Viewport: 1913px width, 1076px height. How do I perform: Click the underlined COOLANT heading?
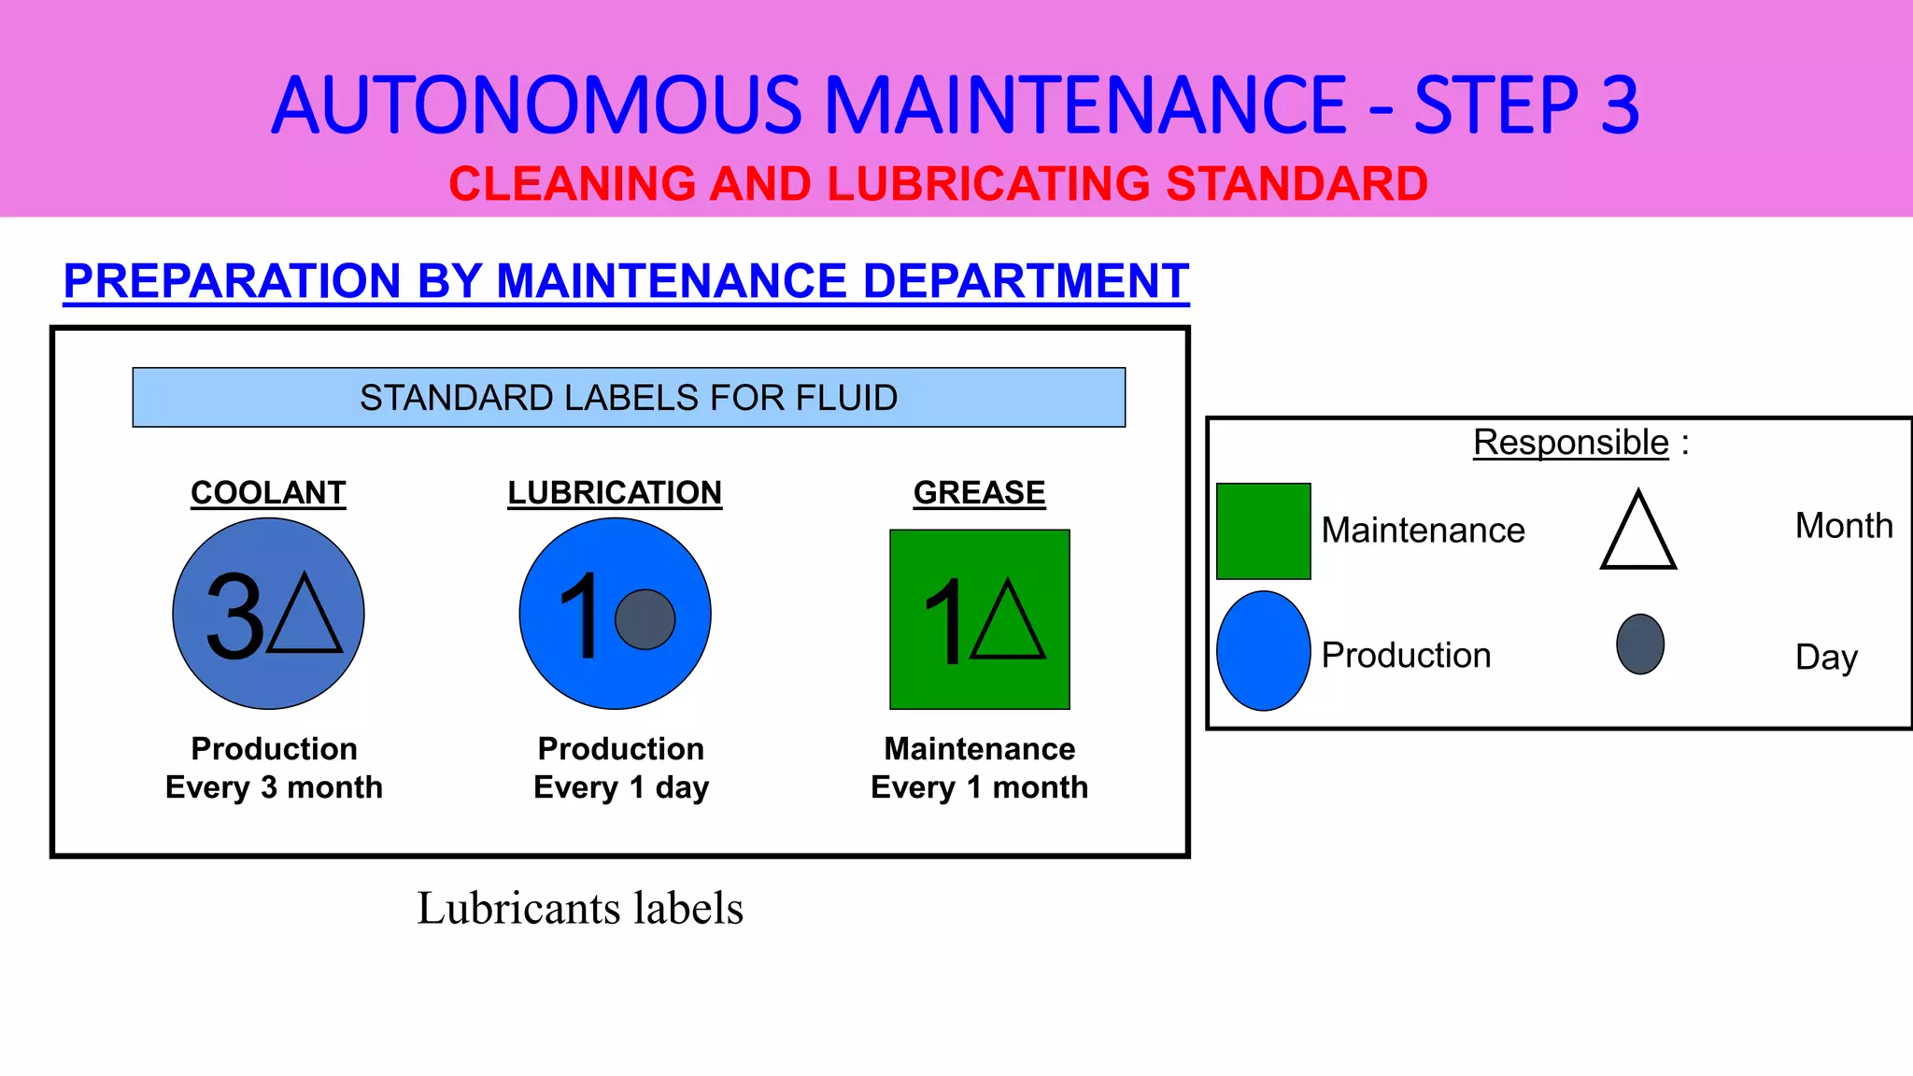(x=268, y=492)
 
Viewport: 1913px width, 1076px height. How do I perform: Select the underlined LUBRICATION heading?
(x=615, y=492)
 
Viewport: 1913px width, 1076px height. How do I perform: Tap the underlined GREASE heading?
(x=979, y=492)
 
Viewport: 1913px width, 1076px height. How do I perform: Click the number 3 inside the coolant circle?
(x=234, y=616)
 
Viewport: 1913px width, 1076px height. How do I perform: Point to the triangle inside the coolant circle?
(x=305, y=616)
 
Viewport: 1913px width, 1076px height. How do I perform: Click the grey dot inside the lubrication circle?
(x=645, y=619)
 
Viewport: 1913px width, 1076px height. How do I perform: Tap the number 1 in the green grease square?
(x=945, y=621)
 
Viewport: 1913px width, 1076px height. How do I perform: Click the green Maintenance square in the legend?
(x=1263, y=531)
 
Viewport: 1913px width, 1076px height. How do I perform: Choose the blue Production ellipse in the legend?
(x=1263, y=651)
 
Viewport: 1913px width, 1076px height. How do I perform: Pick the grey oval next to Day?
(x=1640, y=644)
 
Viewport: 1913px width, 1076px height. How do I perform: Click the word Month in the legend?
(x=1843, y=526)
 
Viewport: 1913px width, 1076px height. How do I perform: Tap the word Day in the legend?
(x=1825, y=657)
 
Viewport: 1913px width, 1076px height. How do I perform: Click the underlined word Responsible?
(x=1570, y=442)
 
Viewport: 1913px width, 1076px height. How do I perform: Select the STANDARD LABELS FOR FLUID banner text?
(x=629, y=398)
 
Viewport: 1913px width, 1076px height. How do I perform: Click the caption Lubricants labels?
(x=579, y=908)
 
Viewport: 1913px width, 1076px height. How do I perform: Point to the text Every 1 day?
(x=621, y=787)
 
